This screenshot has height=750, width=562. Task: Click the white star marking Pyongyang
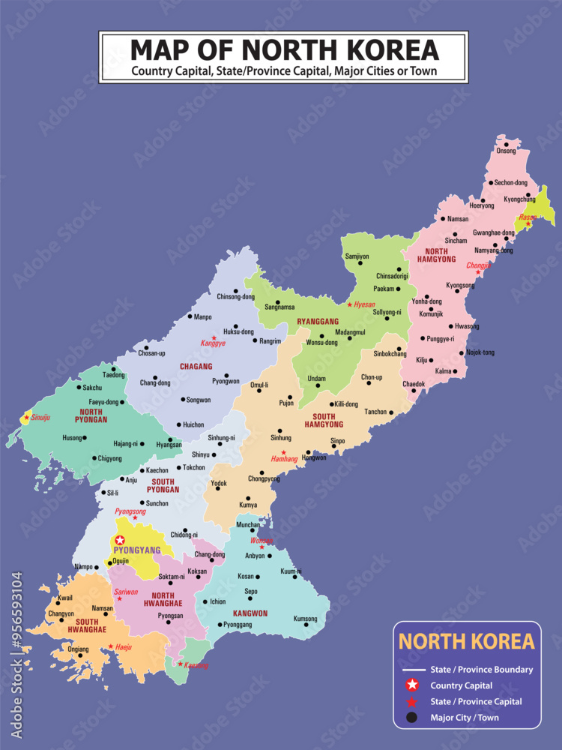(x=120, y=539)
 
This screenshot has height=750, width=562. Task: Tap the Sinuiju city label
(x=40, y=417)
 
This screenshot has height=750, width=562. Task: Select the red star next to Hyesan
(x=349, y=304)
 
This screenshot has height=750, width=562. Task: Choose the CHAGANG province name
(x=196, y=367)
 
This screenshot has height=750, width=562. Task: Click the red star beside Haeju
(x=111, y=646)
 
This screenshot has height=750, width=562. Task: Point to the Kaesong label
(x=195, y=665)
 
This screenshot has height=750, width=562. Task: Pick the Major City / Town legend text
(x=465, y=718)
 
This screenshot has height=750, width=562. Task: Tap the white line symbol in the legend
(x=411, y=669)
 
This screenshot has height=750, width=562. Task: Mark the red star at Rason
(x=528, y=223)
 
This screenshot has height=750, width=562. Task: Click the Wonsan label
(x=262, y=540)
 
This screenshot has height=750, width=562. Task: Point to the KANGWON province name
(x=250, y=613)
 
